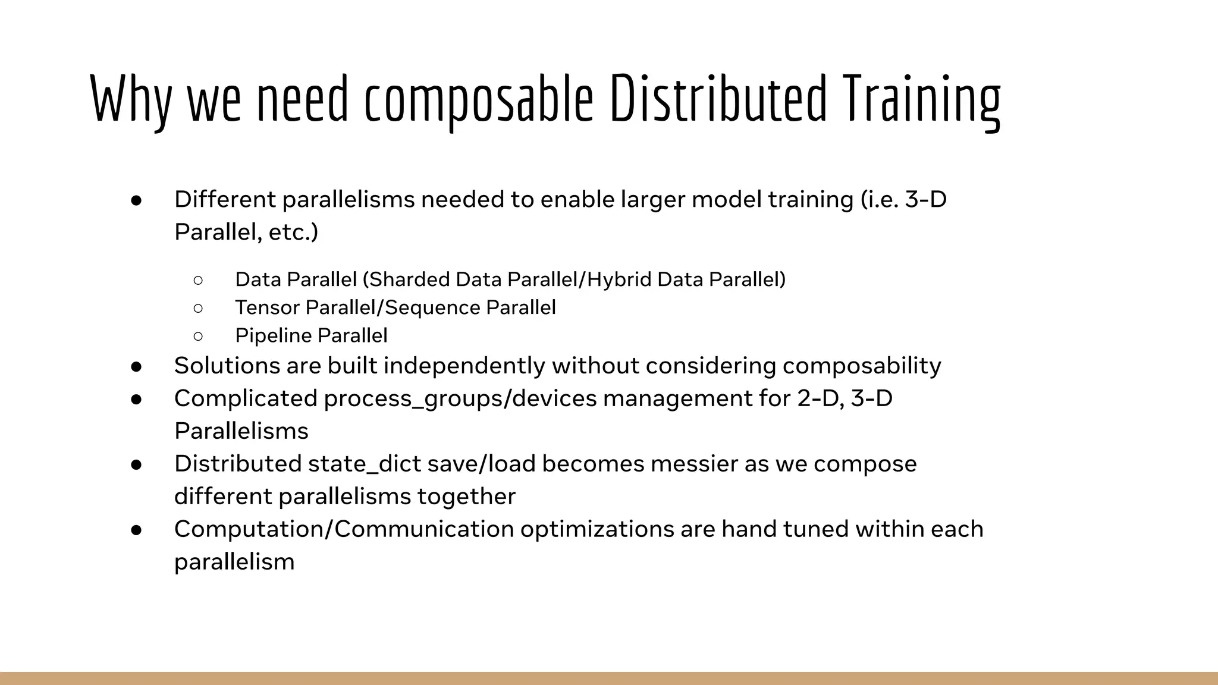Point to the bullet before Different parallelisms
click(136, 200)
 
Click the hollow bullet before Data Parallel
click(198, 279)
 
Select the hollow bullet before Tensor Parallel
click(198, 308)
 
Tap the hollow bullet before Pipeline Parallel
click(198, 336)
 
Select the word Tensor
click(268, 308)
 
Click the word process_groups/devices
click(460, 398)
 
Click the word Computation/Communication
click(344, 529)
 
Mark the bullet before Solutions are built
click(136, 366)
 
